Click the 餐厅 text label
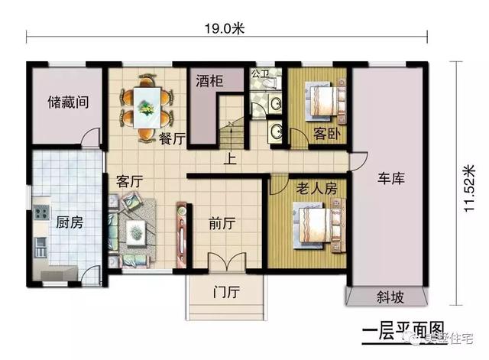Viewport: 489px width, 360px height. point(173,138)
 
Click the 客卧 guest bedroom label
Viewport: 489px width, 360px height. point(326,134)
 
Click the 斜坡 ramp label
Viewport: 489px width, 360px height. point(390,297)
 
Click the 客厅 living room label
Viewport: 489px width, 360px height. point(131,182)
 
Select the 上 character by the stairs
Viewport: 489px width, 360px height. point(228,160)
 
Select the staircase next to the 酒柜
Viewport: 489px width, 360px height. point(232,136)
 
